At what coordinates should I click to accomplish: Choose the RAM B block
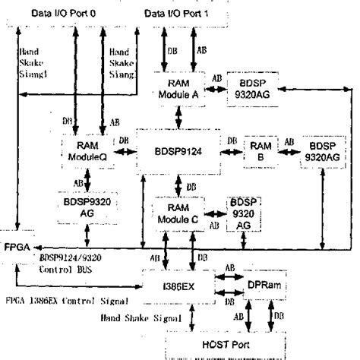258,146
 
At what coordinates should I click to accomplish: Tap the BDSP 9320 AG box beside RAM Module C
244,213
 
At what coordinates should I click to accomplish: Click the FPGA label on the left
17,248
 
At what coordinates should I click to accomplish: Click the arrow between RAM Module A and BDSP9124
179,115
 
